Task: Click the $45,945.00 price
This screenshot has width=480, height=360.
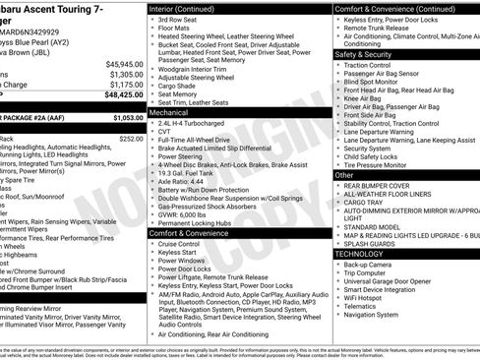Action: (x=123, y=64)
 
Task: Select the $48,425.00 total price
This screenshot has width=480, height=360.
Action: (x=123, y=96)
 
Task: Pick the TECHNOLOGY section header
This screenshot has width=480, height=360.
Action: (x=359, y=254)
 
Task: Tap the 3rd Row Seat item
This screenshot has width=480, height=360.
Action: (x=177, y=19)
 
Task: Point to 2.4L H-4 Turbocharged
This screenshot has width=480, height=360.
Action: (x=192, y=122)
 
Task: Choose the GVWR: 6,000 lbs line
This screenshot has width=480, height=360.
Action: (x=187, y=213)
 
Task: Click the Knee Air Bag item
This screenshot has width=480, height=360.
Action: (x=363, y=98)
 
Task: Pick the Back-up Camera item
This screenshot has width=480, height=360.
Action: (x=368, y=265)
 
